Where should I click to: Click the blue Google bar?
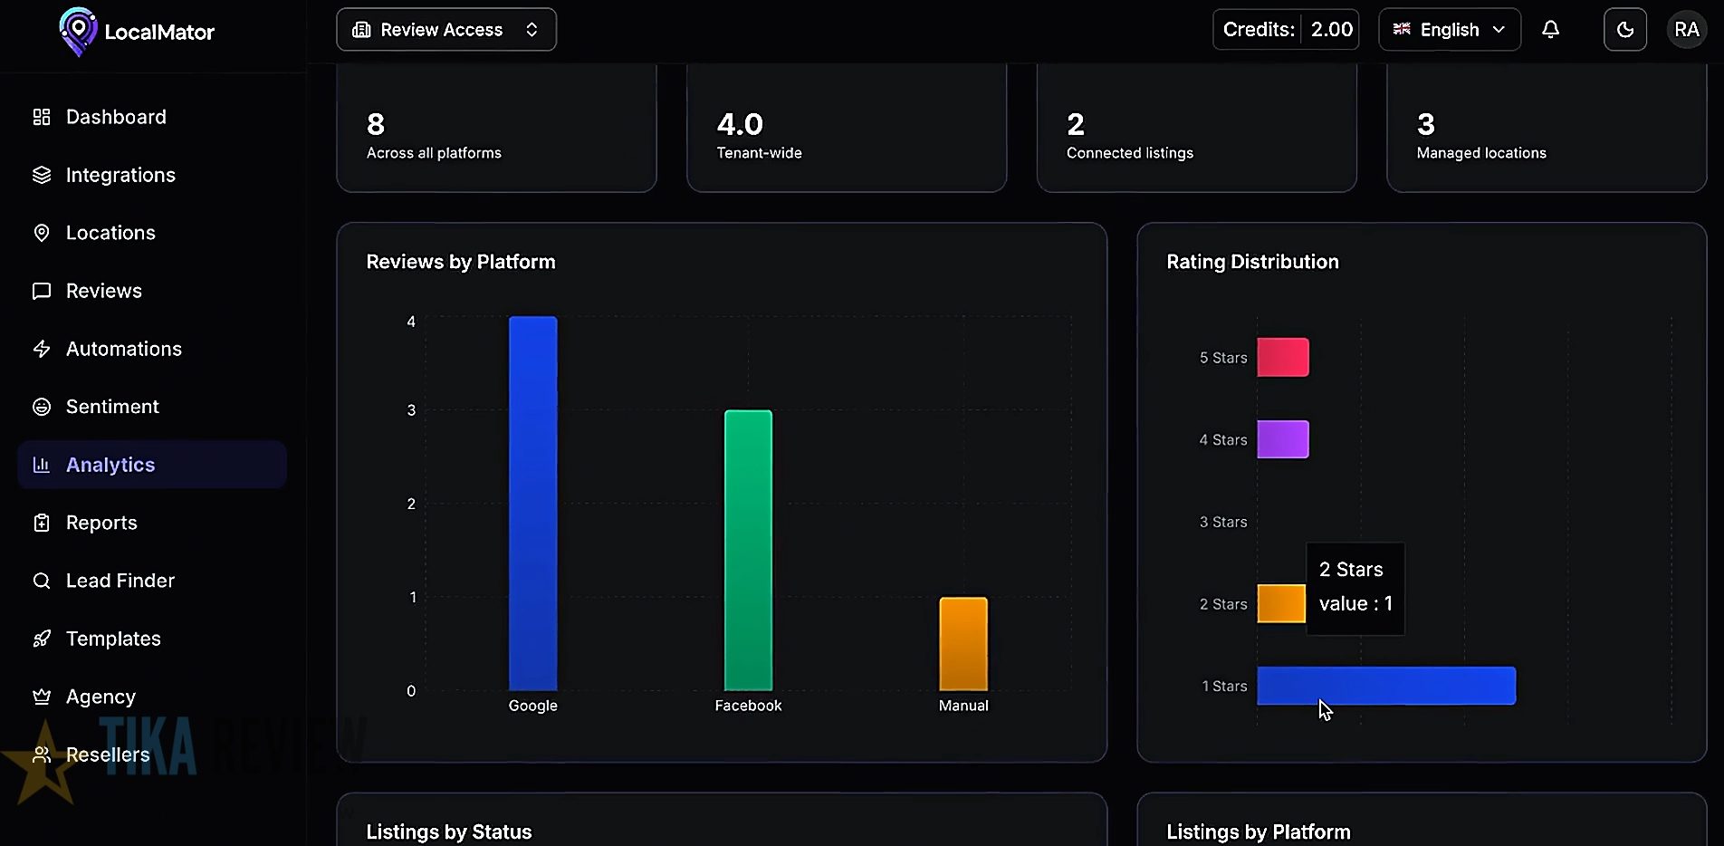click(532, 503)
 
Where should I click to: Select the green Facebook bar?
click(748, 550)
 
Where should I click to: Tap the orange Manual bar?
click(963, 643)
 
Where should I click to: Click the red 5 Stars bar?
click(1282, 357)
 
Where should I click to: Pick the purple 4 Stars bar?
click(1282, 439)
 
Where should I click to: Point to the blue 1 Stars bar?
click(1385, 686)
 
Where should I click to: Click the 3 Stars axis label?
click(1222, 522)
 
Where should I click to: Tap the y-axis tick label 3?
click(411, 410)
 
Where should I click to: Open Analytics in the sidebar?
click(110, 465)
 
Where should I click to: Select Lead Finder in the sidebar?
click(120, 581)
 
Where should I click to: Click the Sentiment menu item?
click(112, 407)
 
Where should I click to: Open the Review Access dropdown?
click(445, 30)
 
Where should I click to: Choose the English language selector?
click(1449, 30)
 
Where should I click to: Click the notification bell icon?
click(1550, 30)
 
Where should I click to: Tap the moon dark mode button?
click(1624, 30)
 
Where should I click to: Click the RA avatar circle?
click(1686, 30)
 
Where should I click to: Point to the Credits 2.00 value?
click(1331, 30)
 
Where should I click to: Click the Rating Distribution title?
click(1251, 262)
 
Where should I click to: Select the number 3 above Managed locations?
click(1425, 124)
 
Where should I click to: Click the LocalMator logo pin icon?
click(78, 31)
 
